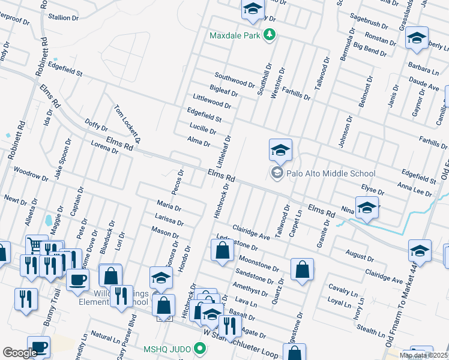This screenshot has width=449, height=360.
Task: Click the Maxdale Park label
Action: pos(236,35)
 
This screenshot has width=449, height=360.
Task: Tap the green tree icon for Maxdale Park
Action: pos(270,35)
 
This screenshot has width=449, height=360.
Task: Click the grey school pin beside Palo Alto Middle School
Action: pos(277,174)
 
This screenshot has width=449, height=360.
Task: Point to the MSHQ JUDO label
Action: pos(167,349)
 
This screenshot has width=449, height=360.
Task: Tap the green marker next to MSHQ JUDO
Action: pos(200,349)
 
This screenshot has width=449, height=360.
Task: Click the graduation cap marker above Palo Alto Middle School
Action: pos(280,151)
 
